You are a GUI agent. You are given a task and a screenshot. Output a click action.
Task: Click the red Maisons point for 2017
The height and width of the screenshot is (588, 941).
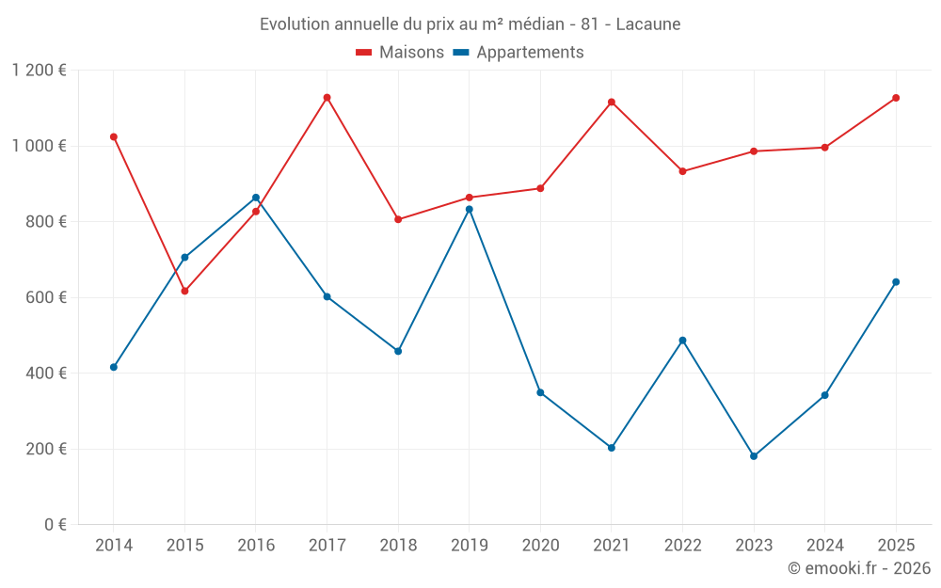pyautogui.click(x=327, y=98)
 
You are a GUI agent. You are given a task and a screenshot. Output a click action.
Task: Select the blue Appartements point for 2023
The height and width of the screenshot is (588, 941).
pyautogui.click(x=754, y=456)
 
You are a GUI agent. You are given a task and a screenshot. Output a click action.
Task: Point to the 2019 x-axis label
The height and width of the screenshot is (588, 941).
pyautogui.click(x=469, y=545)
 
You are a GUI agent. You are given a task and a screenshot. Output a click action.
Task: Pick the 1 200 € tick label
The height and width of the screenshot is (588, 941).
pyautogui.click(x=39, y=71)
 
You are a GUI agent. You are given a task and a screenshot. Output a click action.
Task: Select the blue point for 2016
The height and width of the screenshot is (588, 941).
pyautogui.click(x=256, y=198)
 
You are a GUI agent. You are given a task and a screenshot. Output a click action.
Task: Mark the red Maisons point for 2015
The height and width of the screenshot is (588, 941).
pyautogui.click(x=184, y=292)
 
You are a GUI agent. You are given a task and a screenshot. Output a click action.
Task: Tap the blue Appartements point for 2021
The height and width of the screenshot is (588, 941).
pyautogui.click(x=612, y=448)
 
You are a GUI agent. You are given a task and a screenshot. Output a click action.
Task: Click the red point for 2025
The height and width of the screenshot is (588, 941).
pyautogui.click(x=896, y=98)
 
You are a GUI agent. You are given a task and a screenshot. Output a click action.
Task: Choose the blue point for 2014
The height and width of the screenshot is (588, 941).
pyautogui.click(x=114, y=367)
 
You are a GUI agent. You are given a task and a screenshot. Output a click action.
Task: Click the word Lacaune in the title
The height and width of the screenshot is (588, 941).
pyautogui.click(x=648, y=24)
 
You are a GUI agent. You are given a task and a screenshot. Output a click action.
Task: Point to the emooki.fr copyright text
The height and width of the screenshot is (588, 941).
pyautogui.click(x=858, y=568)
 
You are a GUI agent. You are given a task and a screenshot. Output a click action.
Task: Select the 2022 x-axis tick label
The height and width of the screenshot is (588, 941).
pyautogui.click(x=682, y=545)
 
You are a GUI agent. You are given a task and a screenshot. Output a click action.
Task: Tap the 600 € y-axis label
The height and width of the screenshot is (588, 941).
pyautogui.click(x=43, y=297)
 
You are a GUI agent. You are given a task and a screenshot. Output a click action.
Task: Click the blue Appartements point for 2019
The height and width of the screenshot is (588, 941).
pyautogui.click(x=469, y=209)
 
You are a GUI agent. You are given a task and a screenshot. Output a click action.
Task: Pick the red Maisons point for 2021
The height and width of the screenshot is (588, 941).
pyautogui.click(x=612, y=102)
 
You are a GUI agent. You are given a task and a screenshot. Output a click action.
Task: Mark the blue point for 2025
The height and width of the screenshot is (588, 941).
pyautogui.click(x=896, y=282)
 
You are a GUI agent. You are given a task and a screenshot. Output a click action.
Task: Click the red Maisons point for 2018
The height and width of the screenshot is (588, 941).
pyautogui.click(x=398, y=219)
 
